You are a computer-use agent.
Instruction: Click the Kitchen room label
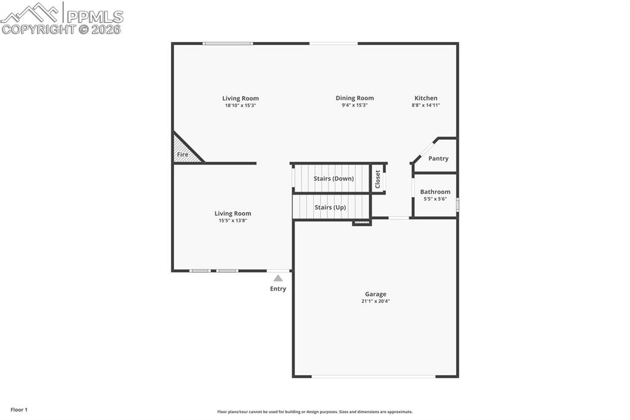point(426,98)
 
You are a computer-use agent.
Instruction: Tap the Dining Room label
point(354,98)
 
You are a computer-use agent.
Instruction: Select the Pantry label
point(438,158)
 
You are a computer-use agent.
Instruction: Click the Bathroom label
point(435,192)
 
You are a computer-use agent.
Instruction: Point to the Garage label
point(375,294)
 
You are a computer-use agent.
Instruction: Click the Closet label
point(378,179)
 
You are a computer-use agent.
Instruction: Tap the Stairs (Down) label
point(333,179)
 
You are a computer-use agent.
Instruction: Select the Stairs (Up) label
point(330,208)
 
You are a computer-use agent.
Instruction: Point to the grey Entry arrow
point(278,278)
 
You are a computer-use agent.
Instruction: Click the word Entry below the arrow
point(278,289)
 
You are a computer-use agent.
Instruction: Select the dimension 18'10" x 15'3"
point(240,105)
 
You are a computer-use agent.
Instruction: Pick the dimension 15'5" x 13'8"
point(233,220)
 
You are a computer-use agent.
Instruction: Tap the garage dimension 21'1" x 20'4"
point(375,301)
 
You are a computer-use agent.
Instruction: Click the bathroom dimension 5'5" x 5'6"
point(435,199)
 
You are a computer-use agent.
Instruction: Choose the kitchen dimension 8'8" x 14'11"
point(426,105)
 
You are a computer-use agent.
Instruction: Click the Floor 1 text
point(19,410)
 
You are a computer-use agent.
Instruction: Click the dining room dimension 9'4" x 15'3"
point(354,105)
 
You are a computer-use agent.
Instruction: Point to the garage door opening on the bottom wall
point(373,376)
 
